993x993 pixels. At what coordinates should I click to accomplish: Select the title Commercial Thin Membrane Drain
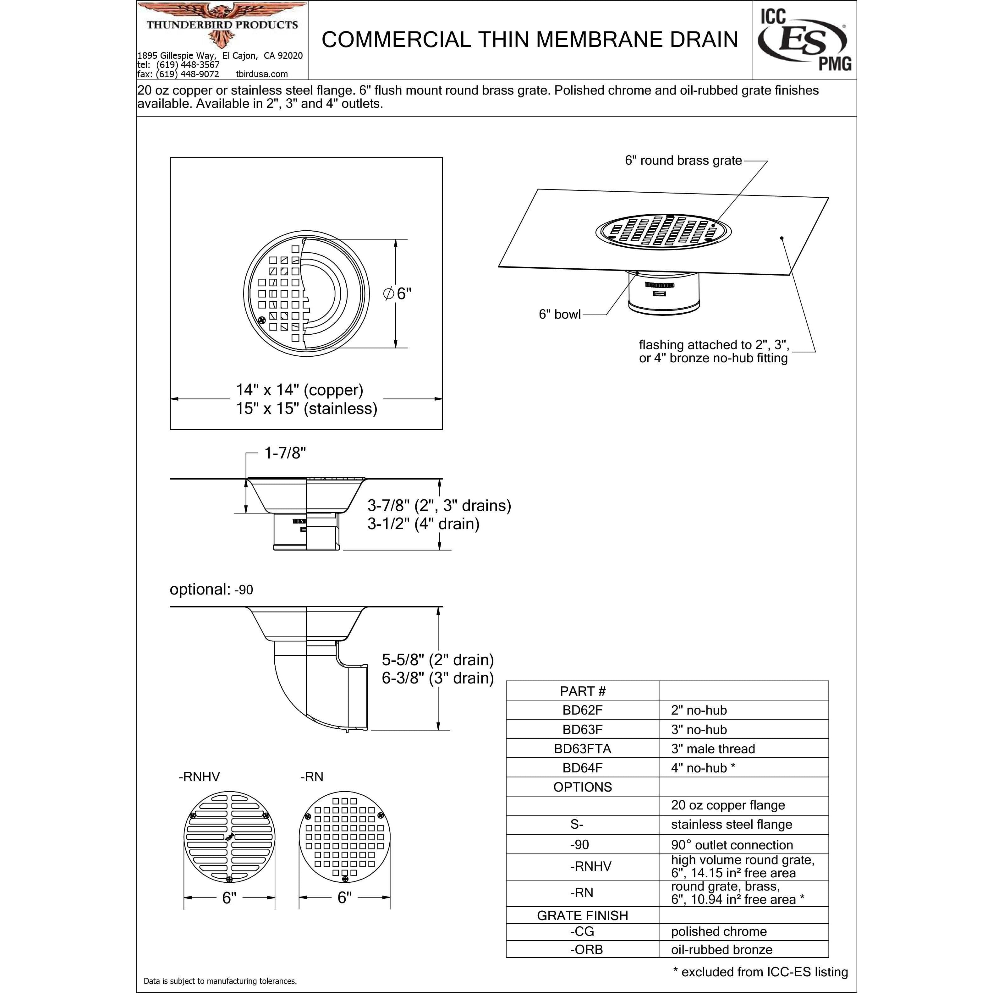pyautogui.click(x=529, y=40)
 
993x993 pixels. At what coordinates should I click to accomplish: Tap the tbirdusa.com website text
pyautogui.click(x=262, y=74)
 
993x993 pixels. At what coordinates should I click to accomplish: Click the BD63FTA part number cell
pyautogui.click(x=582, y=749)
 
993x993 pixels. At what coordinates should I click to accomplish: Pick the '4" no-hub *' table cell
pyautogui.click(x=703, y=768)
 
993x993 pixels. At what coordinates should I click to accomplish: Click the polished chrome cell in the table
pyautogui.click(x=719, y=931)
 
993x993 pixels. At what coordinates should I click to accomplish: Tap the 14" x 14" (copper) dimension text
pyautogui.click(x=300, y=390)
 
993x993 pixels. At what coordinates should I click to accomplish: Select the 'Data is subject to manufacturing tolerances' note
pyautogui.click(x=220, y=981)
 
